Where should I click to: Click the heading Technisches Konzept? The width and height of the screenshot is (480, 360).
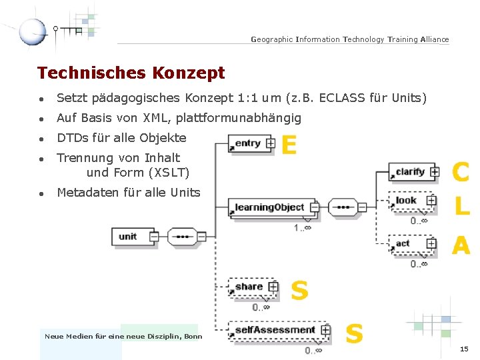click(x=131, y=73)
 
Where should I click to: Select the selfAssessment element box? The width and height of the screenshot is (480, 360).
click(x=274, y=330)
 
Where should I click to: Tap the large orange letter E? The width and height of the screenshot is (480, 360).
click(x=289, y=145)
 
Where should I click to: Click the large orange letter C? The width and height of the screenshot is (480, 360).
click(x=461, y=172)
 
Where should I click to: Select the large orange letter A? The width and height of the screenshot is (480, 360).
click(x=461, y=246)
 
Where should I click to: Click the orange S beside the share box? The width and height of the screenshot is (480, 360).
click(x=299, y=290)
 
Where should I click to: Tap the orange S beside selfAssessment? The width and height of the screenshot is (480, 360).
click(x=354, y=333)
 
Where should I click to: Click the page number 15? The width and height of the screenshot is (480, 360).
click(x=464, y=349)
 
